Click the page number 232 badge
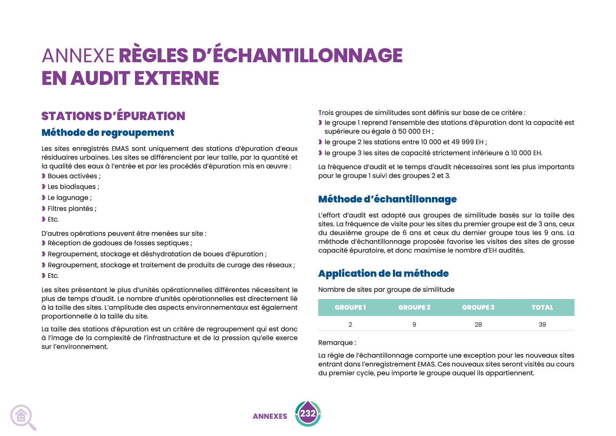point(308,413)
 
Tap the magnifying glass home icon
point(22,417)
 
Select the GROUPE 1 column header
point(350,308)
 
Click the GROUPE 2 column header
point(414,308)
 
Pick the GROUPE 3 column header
point(478,308)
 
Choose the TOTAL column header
point(542,308)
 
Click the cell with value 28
point(478,324)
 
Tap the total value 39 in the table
point(542,324)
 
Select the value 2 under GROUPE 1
point(350,324)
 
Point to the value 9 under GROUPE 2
point(414,324)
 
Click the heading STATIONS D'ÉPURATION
point(113,116)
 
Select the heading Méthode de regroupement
point(108,133)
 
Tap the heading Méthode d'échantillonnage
point(387,199)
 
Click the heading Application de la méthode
point(383,273)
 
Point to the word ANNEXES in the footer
point(270,416)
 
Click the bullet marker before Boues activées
point(44,176)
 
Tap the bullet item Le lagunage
point(70,198)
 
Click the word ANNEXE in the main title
point(78,56)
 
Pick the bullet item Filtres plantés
point(72,209)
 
